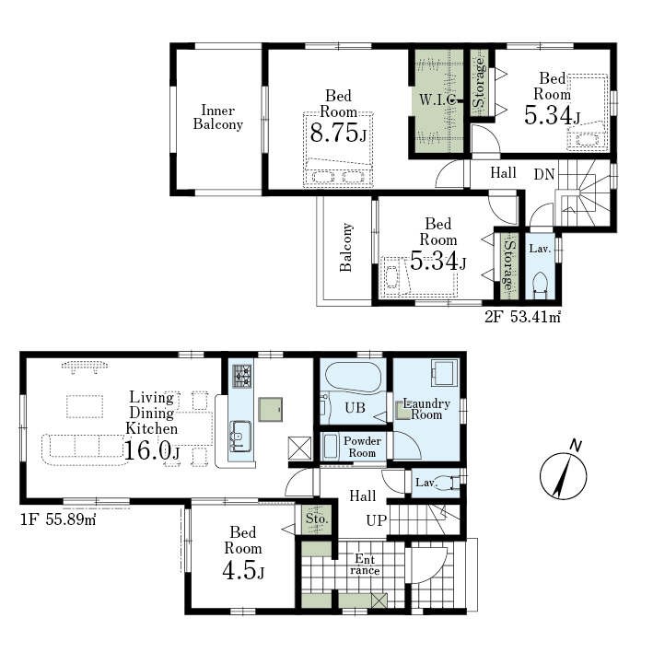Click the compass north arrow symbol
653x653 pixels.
pos(564,472)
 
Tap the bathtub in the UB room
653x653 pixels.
pos(353,378)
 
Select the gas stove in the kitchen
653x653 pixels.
pos(242,376)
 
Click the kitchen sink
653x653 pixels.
pos(240,436)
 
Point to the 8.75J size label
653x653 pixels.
pos(338,134)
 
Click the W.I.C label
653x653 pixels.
pos(437,99)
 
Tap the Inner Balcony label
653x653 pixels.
pos(217,117)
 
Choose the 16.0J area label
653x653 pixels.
pos(152,450)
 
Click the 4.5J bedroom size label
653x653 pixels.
pos(243,570)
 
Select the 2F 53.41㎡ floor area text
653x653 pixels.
pos(522,318)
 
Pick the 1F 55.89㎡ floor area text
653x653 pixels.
pos(58,519)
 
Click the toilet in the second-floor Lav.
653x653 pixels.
pos(540,285)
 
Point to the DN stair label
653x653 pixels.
pos(544,174)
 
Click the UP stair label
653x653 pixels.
pos(377,520)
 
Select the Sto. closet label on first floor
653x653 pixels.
pos(318,519)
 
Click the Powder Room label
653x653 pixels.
pos(362,447)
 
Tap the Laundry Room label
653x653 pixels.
pos(426,409)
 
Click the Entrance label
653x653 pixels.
pos(365,565)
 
